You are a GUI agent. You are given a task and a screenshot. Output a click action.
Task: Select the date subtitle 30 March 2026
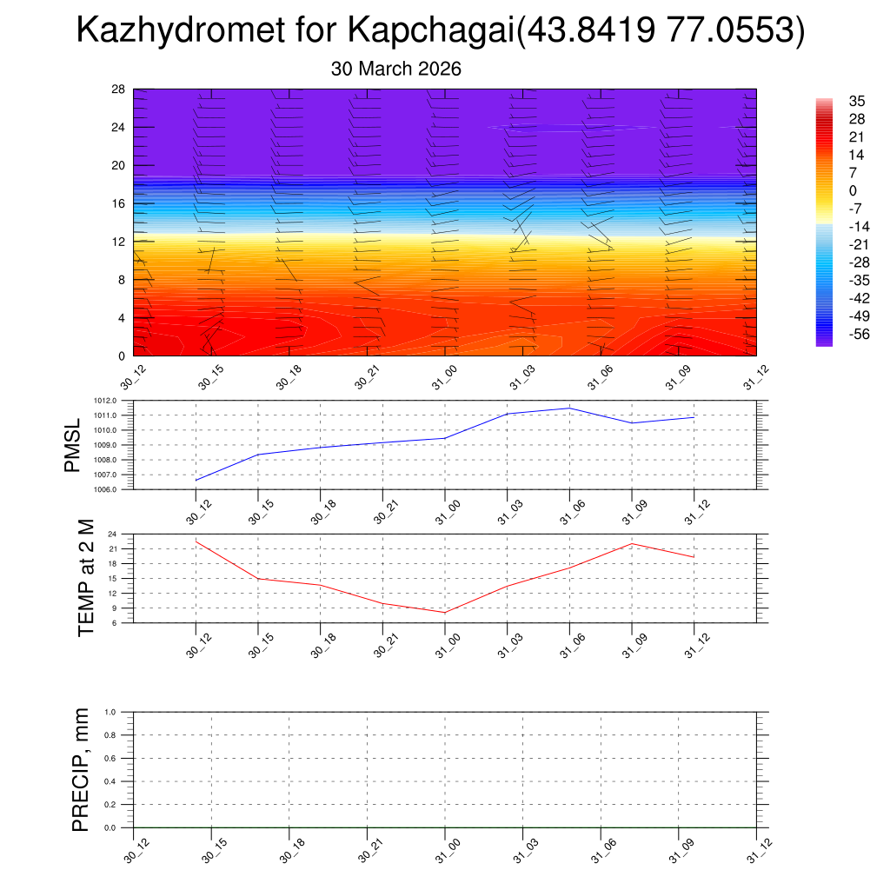point(395,69)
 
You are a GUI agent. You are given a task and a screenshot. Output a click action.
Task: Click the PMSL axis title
point(72,445)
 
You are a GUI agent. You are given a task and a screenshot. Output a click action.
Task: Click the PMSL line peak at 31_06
point(569,408)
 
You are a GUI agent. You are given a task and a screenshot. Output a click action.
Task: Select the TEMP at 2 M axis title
point(85,578)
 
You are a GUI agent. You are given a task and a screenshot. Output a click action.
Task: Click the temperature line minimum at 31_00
point(445,613)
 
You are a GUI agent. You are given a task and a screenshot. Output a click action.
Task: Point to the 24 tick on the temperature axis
point(113,535)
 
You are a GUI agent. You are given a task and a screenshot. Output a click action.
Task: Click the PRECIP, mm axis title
point(81,769)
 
